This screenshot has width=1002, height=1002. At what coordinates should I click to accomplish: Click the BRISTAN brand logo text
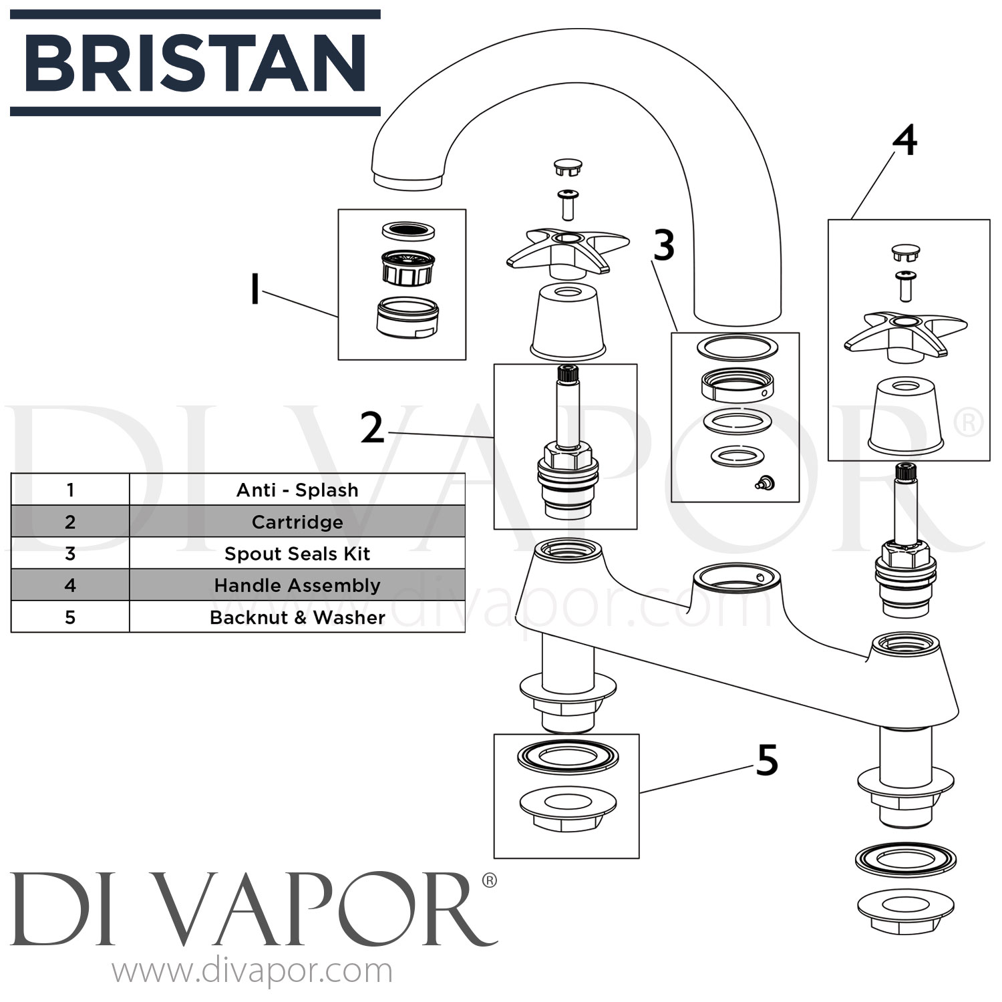(x=195, y=63)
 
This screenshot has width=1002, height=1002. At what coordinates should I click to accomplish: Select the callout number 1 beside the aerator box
(x=255, y=291)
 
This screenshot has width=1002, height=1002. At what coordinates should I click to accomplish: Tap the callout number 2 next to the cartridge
(x=372, y=428)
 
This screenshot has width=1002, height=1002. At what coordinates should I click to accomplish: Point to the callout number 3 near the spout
(x=663, y=246)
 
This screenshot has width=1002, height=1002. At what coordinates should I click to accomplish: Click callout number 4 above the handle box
(x=904, y=142)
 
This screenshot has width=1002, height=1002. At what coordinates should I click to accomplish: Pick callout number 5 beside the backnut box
(x=766, y=761)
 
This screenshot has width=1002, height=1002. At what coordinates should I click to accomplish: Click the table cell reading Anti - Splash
(x=297, y=490)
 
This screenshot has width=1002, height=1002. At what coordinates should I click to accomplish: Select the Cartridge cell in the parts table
(x=297, y=522)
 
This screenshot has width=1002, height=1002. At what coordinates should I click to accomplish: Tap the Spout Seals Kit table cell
(x=297, y=554)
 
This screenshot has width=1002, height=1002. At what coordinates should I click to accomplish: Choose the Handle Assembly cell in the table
(x=297, y=585)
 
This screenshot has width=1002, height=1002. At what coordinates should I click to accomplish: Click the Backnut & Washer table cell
(x=297, y=617)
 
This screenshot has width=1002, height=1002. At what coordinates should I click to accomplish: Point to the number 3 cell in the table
(x=70, y=554)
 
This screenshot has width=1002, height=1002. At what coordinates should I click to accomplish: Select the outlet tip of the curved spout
(x=407, y=179)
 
